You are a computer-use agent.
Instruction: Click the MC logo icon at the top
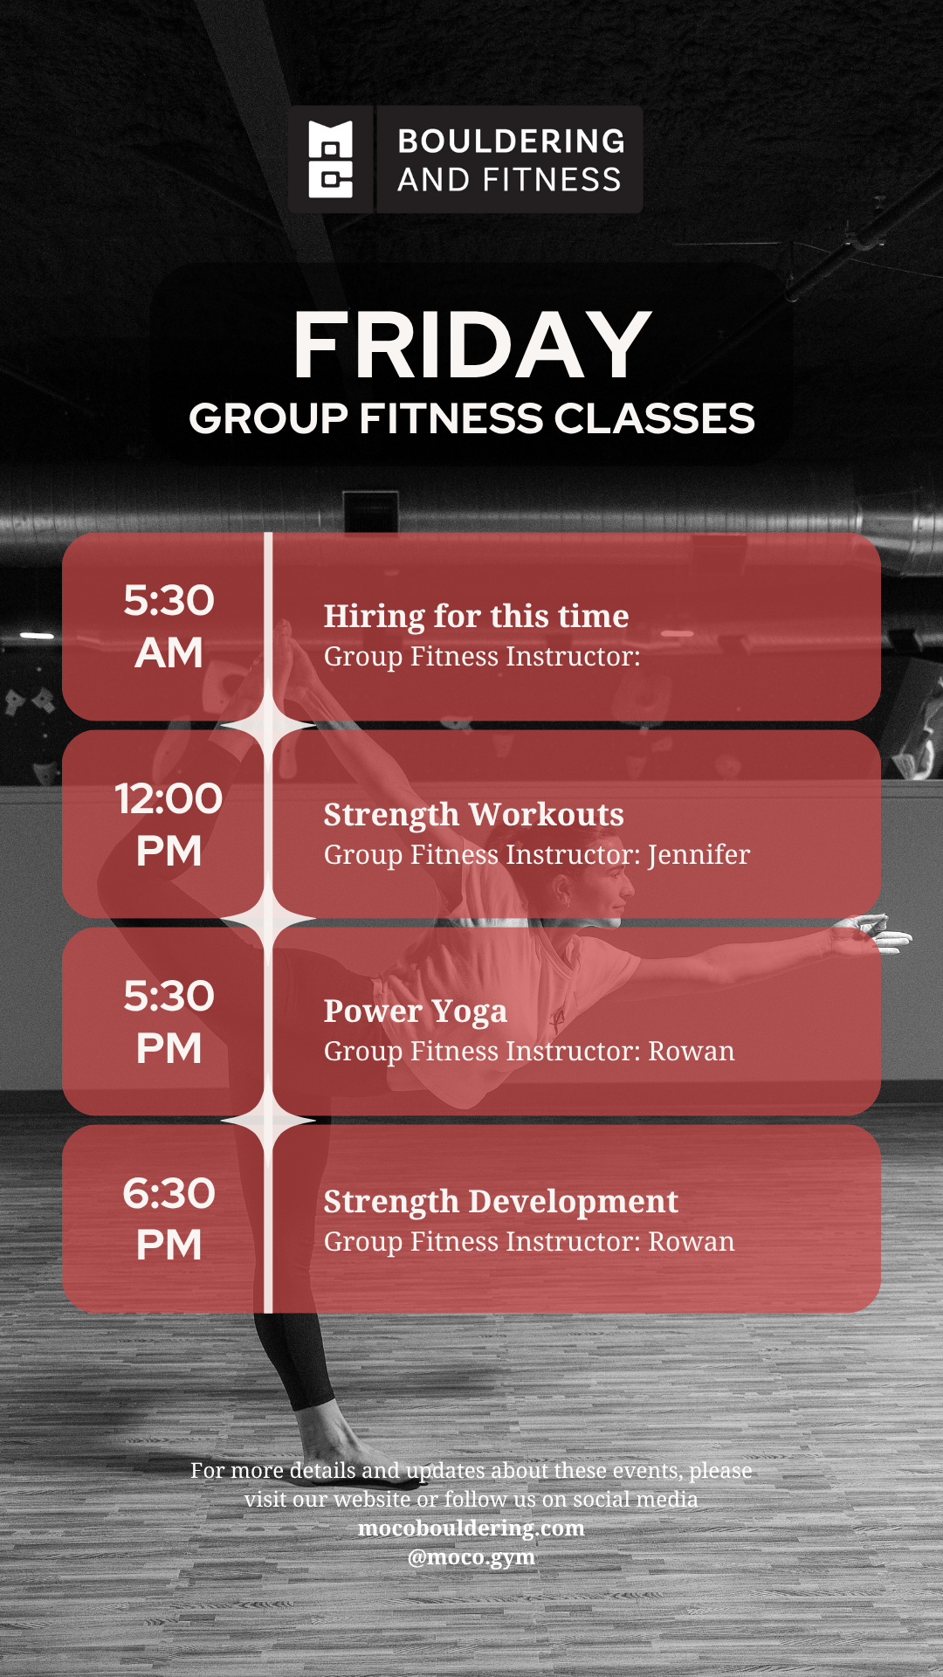pyautogui.click(x=331, y=159)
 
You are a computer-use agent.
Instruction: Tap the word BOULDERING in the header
pyautogui.click(x=512, y=141)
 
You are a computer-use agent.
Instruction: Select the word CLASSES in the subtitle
pyautogui.click(x=654, y=418)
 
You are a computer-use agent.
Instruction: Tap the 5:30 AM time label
pyautogui.click(x=169, y=626)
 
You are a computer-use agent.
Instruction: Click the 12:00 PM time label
pyautogui.click(x=169, y=825)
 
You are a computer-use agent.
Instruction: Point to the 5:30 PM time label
pyautogui.click(x=169, y=1022)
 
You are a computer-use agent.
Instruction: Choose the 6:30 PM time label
pyautogui.click(x=169, y=1219)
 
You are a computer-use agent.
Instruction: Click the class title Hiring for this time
pyautogui.click(x=476, y=616)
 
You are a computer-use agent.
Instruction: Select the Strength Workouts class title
pyautogui.click(x=474, y=814)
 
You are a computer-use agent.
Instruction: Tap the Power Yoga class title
pyautogui.click(x=416, y=1011)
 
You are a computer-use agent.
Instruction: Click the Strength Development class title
pyautogui.click(x=501, y=1201)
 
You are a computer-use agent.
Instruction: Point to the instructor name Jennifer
pyautogui.click(x=699, y=855)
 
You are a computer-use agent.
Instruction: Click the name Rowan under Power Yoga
pyautogui.click(x=692, y=1051)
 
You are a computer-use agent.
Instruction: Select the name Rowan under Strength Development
pyautogui.click(x=692, y=1241)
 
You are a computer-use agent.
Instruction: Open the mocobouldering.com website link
pyautogui.click(x=471, y=1528)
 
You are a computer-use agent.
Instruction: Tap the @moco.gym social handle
pyautogui.click(x=471, y=1557)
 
